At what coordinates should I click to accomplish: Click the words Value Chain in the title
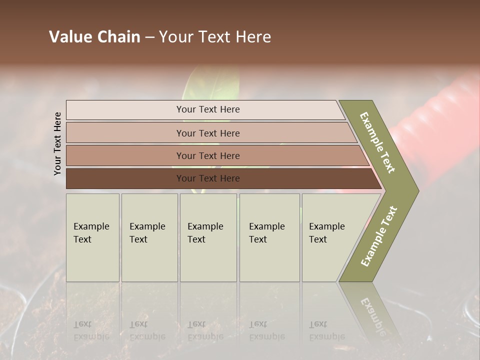pos(94,37)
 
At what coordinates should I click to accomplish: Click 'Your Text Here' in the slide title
pos(215,37)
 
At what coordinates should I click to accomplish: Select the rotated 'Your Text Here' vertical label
pos(57,143)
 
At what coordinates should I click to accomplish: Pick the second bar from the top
pos(207,133)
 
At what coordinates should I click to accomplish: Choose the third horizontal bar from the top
pos(207,155)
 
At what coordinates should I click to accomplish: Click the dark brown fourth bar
pos(207,178)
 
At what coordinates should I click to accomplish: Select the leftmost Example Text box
pos(92,237)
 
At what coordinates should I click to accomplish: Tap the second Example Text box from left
pos(149,237)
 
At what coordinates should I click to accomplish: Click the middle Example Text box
pos(208,237)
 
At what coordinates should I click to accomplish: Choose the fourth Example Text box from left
pos(269,237)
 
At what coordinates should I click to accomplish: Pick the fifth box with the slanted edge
pos(330,237)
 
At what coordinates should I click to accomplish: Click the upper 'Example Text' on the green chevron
pos(378,142)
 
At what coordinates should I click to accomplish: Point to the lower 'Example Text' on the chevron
pos(379,236)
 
